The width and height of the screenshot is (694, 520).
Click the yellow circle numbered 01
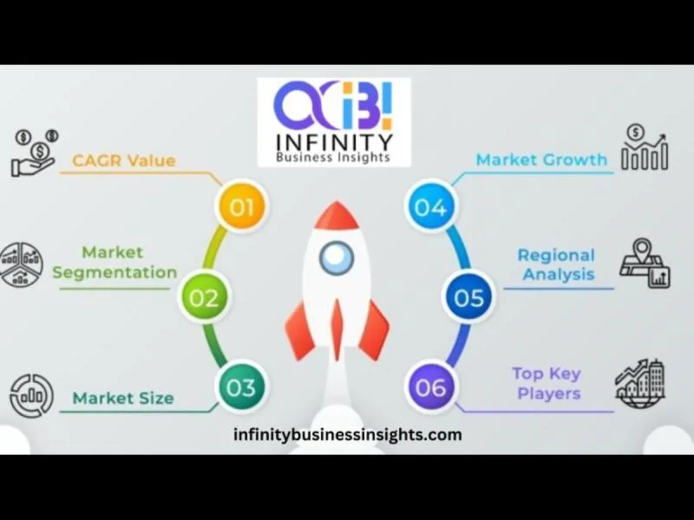coord(242,206)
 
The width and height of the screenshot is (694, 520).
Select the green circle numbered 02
coord(204,297)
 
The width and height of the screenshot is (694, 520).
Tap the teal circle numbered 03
coord(242,387)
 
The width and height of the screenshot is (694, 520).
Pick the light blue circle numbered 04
coord(431,206)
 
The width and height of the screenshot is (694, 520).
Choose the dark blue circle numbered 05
coord(468,297)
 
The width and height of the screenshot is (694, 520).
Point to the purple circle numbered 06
coord(431,387)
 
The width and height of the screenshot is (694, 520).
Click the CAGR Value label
coord(124,160)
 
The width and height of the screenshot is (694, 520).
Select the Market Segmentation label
coord(115,263)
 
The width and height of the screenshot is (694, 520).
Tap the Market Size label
coord(123,398)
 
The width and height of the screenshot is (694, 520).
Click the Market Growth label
coord(541,159)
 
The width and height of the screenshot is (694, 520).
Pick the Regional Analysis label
coord(557,264)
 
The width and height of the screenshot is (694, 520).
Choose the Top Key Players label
coord(547,383)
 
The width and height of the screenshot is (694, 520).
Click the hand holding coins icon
coord(35,153)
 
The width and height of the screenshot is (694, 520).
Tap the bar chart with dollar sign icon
coord(645,147)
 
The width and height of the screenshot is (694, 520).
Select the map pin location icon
coord(645,263)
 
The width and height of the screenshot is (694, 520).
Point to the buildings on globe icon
coord(640,383)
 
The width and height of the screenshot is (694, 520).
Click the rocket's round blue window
coord(337,257)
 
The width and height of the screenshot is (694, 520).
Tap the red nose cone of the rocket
coord(337,215)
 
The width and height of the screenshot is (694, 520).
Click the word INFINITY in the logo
coord(334,142)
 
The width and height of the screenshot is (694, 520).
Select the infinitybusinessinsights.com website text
coord(348,435)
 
